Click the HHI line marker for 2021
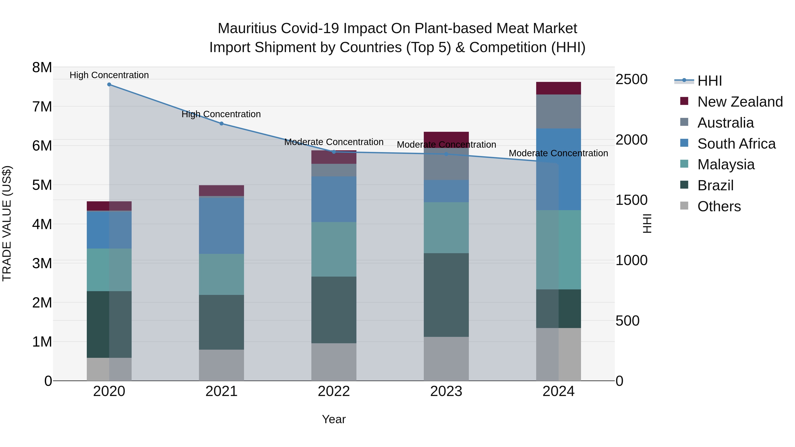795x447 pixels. (221, 124)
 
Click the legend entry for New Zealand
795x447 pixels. (740, 102)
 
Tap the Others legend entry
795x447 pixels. (719, 206)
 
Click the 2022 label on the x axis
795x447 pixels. (334, 391)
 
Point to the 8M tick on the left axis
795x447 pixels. (42, 67)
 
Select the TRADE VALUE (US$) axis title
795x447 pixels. (7, 223)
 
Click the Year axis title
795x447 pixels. (334, 419)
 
